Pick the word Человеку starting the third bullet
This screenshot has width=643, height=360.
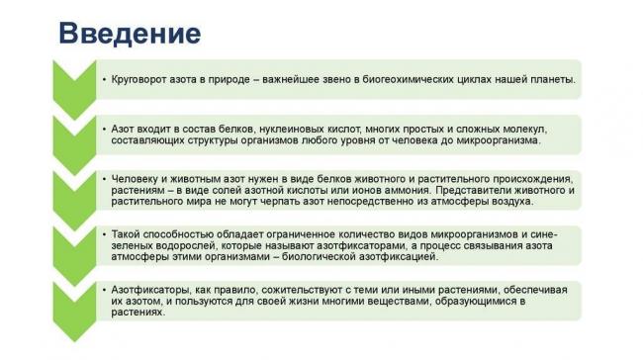coord(134,177)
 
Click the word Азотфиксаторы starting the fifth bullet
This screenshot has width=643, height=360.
coord(147,289)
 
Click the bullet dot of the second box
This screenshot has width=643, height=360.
coord(103,130)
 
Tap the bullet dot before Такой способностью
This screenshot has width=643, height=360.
coord(103,234)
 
